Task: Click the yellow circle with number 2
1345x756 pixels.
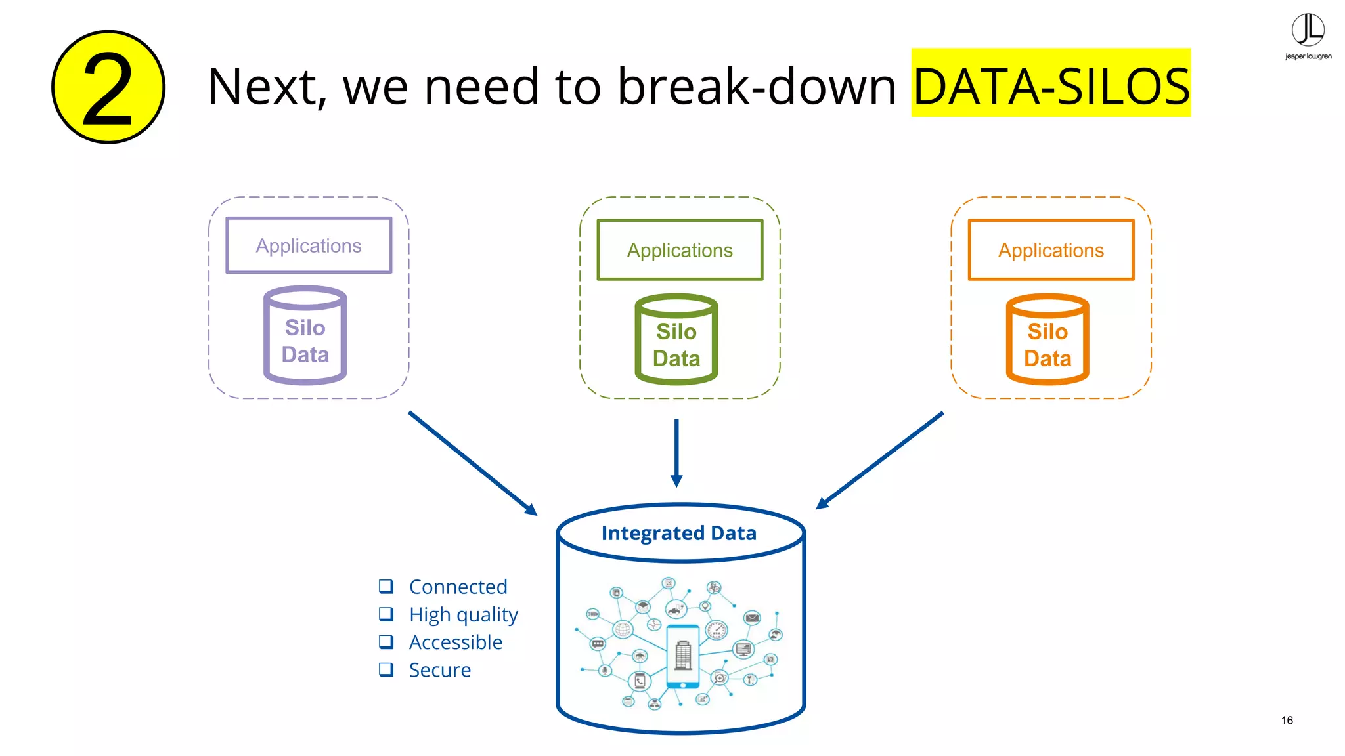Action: tap(108, 87)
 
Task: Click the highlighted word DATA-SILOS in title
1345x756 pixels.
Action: tap(1051, 86)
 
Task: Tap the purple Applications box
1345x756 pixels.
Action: tap(309, 245)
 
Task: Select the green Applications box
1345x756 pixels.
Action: tap(680, 250)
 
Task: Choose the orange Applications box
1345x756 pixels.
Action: tap(1051, 250)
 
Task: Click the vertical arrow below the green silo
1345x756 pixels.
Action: tap(676, 453)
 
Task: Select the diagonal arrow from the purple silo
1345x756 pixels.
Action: tap(473, 463)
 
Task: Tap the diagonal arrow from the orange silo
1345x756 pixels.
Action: tap(880, 460)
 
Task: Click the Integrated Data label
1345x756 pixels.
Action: tap(679, 533)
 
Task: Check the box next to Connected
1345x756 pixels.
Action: tap(386, 586)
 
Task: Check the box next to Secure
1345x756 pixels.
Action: tap(386, 669)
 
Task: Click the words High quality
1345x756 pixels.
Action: tap(464, 614)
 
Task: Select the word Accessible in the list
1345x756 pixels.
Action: tap(456, 642)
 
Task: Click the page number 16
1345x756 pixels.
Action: tap(1287, 720)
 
